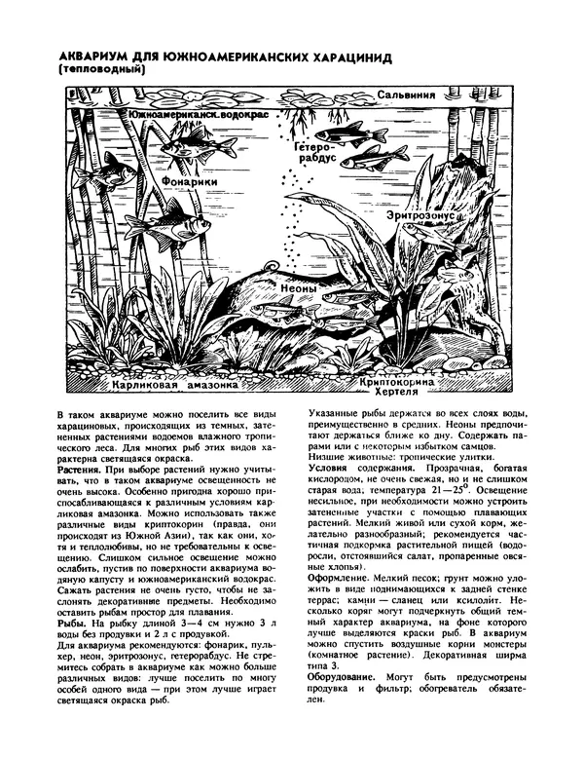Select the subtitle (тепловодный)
click(x=101, y=71)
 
